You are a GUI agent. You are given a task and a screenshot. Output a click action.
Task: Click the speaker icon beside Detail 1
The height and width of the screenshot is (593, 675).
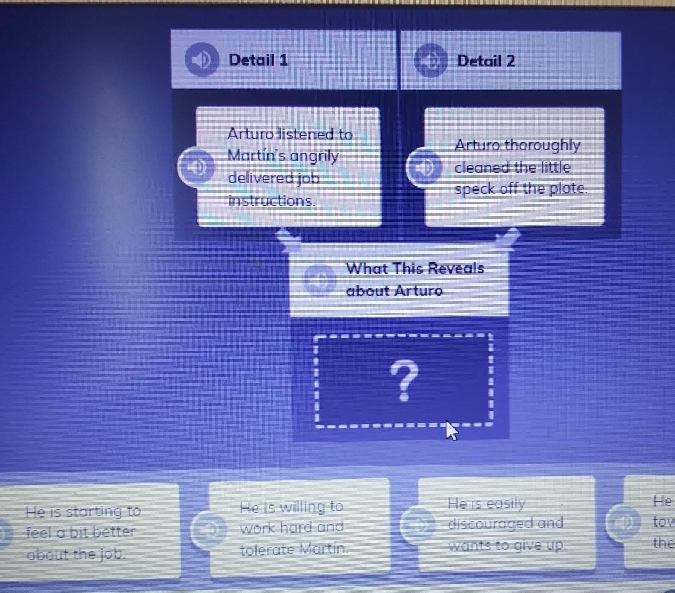200,60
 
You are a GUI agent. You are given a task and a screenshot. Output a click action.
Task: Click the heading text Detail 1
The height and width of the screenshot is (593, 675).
258,60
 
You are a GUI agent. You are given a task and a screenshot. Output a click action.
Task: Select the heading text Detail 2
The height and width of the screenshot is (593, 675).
486,61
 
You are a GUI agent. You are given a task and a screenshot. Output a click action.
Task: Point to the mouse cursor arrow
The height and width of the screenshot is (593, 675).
450,430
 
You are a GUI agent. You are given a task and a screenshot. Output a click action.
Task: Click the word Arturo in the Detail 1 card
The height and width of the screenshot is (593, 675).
249,134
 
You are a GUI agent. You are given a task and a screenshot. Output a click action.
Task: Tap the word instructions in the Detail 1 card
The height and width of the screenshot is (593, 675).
271,201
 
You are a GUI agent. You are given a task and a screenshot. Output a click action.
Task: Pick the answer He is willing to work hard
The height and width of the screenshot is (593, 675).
292,528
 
